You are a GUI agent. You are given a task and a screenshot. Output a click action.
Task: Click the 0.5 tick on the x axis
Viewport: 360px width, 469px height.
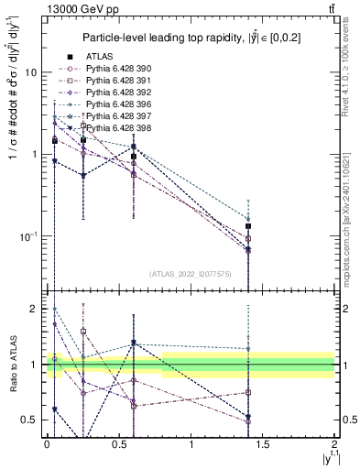pos(119,444)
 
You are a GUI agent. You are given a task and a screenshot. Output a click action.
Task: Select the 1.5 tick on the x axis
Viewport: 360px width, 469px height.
pos(263,444)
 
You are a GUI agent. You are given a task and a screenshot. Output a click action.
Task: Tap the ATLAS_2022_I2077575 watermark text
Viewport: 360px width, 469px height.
pos(191,273)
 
